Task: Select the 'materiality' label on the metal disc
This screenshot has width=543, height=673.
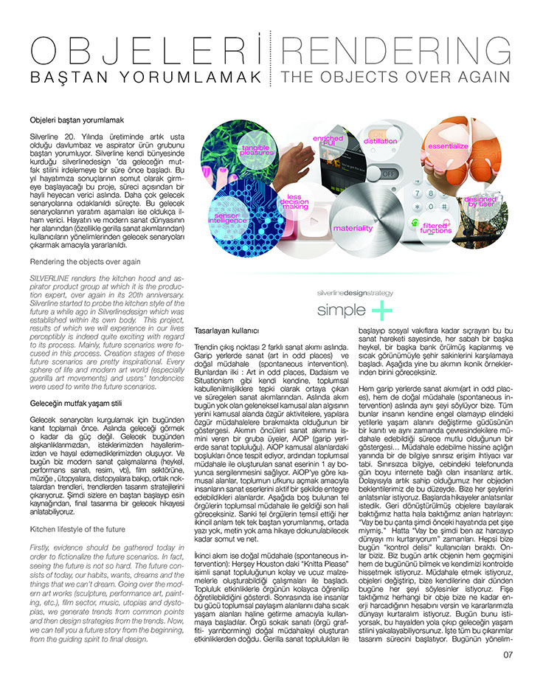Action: coord(353,228)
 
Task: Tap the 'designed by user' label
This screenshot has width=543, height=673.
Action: coord(482,201)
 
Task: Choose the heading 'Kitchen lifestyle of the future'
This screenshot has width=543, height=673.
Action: coord(77,528)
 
